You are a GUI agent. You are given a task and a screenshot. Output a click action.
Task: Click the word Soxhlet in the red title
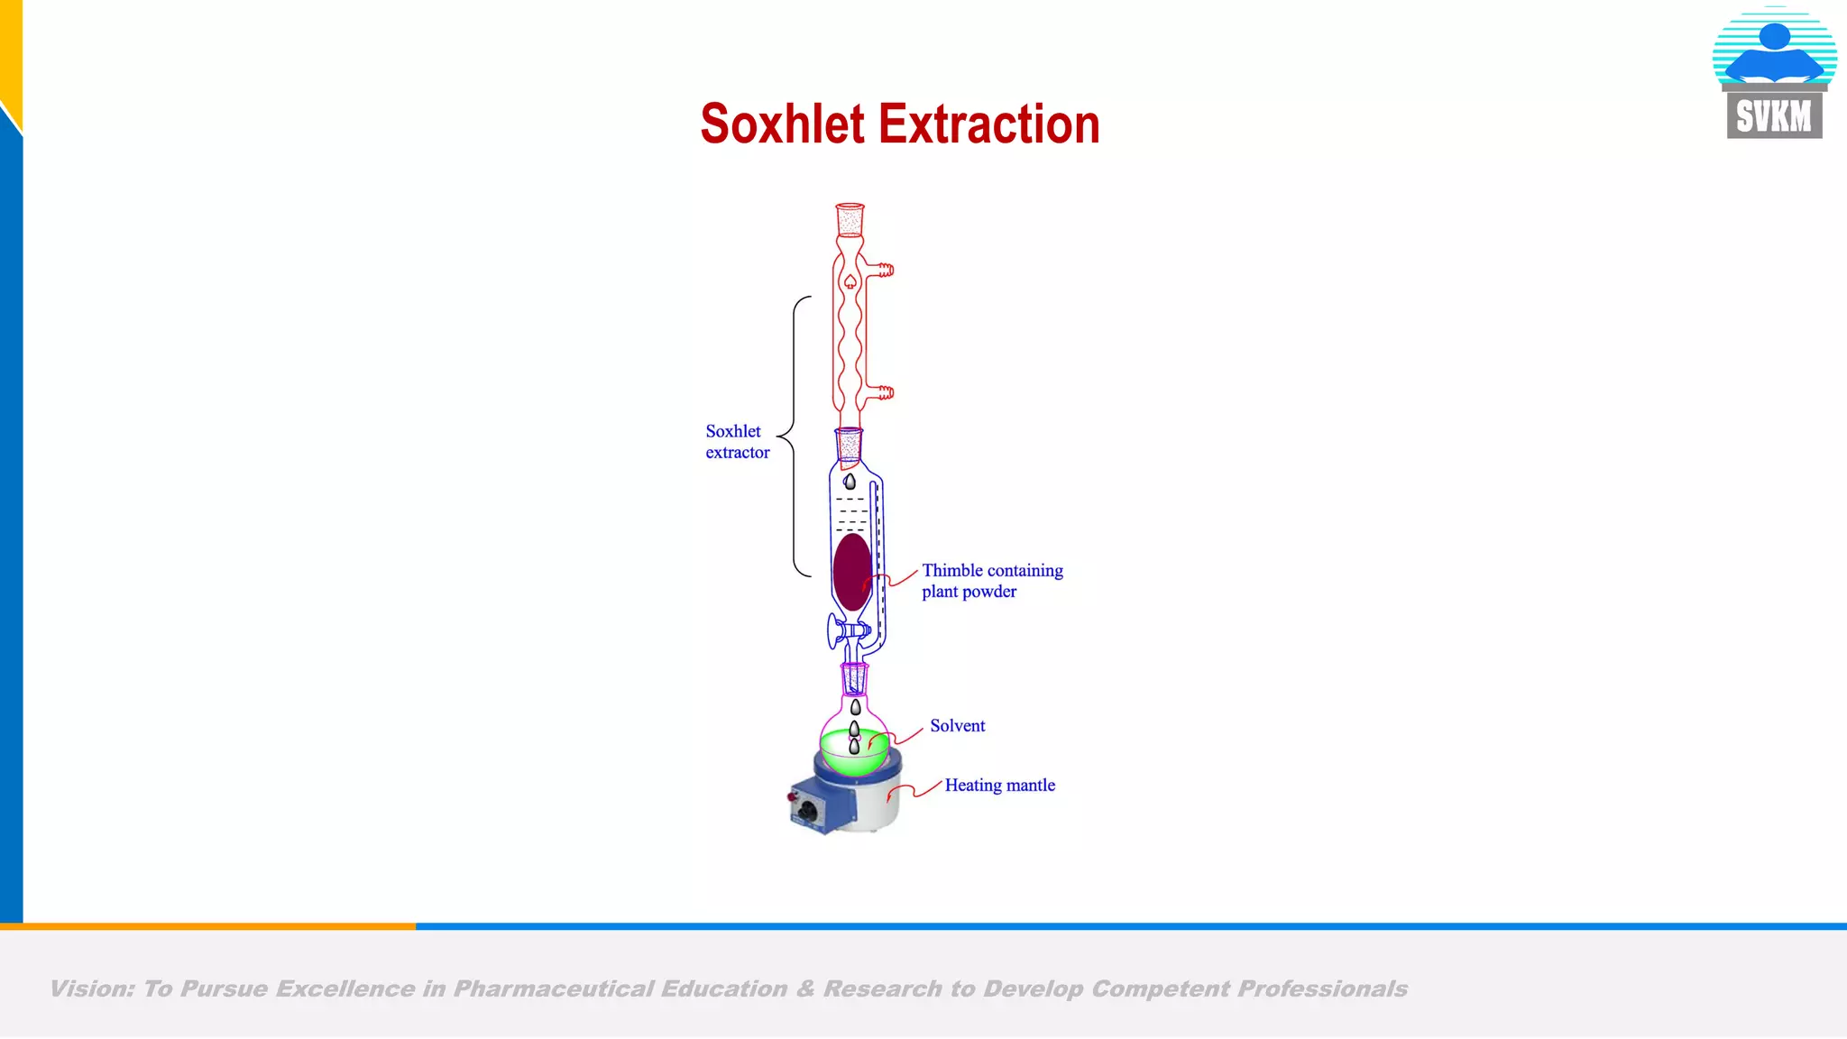pyautogui.click(x=782, y=124)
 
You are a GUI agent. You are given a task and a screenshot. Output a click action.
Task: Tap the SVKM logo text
pyautogui.click(x=1774, y=116)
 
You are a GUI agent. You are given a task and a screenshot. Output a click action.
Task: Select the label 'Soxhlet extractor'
pyautogui.click(x=737, y=442)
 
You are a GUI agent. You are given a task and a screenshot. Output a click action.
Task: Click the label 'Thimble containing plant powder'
pyautogui.click(x=991, y=581)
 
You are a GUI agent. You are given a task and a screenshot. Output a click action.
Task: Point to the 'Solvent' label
pyautogui.click(x=957, y=726)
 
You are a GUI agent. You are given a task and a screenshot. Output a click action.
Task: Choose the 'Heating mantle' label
pyautogui.click(x=999, y=786)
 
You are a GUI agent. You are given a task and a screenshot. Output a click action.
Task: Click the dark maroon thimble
pyautogui.click(x=851, y=571)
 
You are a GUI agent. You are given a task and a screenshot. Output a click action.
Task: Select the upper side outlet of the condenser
pyautogui.click(x=885, y=269)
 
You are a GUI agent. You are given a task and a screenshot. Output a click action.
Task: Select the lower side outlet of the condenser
pyautogui.click(x=885, y=392)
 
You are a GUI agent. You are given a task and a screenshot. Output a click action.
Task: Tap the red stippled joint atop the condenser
pyautogui.click(x=850, y=220)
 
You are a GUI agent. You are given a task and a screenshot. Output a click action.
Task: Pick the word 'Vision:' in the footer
pyautogui.click(x=91, y=989)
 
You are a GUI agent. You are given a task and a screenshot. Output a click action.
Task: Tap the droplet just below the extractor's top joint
pyautogui.click(x=850, y=482)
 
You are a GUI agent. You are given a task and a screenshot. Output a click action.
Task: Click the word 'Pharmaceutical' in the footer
pyautogui.click(x=553, y=989)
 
